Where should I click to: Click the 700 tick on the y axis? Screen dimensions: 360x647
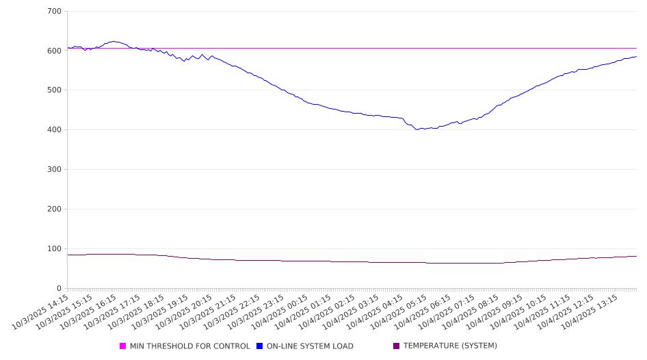coord(55,12)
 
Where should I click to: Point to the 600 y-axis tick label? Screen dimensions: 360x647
coord(55,51)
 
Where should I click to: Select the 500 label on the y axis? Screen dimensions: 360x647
coord(55,90)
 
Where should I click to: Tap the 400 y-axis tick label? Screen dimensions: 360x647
coord(55,130)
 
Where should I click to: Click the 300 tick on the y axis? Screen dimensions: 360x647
coord(55,170)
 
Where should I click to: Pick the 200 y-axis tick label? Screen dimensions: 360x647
coord(55,209)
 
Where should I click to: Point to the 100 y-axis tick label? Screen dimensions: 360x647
coord(55,249)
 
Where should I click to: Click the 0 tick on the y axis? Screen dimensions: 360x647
coord(59,288)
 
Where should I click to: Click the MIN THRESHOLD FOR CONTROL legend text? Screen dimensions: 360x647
coord(189,346)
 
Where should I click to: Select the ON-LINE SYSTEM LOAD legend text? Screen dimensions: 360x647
coord(310,346)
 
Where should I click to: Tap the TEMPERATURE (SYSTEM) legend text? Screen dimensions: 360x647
coord(450,346)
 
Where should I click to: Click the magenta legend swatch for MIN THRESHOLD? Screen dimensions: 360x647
coord(123,346)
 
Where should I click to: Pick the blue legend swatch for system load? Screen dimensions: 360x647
coord(260,346)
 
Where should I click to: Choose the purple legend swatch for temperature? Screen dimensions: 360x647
coord(397,346)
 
